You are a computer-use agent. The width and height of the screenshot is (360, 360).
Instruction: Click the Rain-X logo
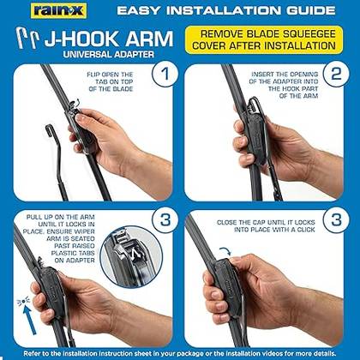pyautogui.click(x=58, y=11)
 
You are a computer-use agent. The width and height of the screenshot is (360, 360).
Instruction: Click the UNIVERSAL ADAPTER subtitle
pyautogui.click(x=108, y=54)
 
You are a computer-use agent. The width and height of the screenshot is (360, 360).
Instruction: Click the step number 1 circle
pyautogui.click(x=165, y=74)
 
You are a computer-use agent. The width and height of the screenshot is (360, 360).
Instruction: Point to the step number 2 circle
pyautogui.click(x=336, y=74)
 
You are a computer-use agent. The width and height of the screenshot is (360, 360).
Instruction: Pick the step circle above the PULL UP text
pyautogui.click(x=165, y=219)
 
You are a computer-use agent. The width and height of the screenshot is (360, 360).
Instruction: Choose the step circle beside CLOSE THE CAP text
pyautogui.click(x=336, y=219)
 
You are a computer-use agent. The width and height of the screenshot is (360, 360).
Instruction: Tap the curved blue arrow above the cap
pyautogui.click(x=225, y=251)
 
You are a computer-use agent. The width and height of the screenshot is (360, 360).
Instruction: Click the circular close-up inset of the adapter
pyautogui.click(x=131, y=257)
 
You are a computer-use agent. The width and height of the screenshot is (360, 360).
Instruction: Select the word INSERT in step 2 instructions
pyautogui.click(x=263, y=75)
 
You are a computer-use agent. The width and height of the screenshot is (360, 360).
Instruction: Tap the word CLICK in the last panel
pyautogui.click(x=305, y=230)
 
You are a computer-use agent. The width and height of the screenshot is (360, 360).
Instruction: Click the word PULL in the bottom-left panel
pyautogui.click(x=34, y=217)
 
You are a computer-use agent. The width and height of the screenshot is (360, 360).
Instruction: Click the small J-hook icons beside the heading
pyautogui.click(x=27, y=38)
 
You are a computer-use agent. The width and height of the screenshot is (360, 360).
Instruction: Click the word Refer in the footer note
pyautogui.click(x=32, y=354)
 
